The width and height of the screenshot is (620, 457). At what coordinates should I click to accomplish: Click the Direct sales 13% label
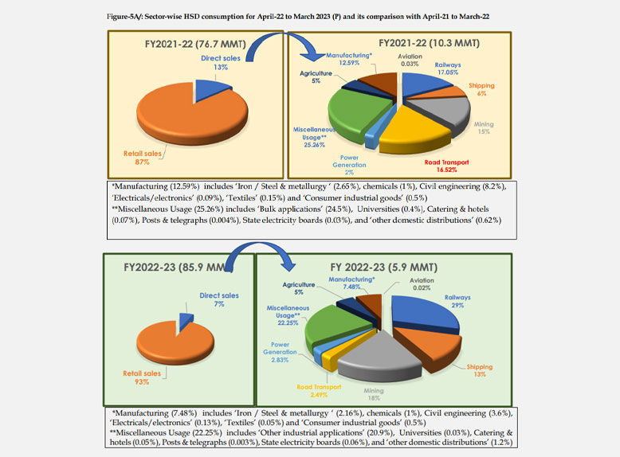(x=216, y=64)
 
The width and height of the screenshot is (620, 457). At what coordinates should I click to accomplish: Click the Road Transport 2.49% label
(x=319, y=390)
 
